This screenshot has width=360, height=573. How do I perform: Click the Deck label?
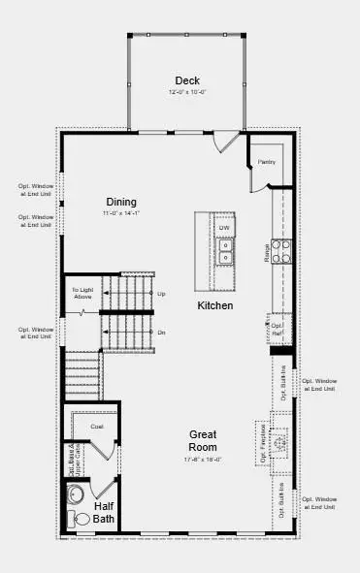pyautogui.click(x=186, y=80)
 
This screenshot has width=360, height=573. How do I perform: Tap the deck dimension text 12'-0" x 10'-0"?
pyautogui.click(x=186, y=92)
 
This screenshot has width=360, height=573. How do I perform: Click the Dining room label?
pyautogui.click(x=122, y=202)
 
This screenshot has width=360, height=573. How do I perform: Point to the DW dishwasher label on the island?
pyautogui.click(x=223, y=228)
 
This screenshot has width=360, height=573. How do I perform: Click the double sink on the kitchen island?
pyautogui.click(x=224, y=252)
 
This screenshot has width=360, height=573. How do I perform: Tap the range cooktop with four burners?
pyautogui.click(x=280, y=251)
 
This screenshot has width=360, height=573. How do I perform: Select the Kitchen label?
pyautogui.click(x=214, y=305)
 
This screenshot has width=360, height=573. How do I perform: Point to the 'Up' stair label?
pyautogui.click(x=161, y=293)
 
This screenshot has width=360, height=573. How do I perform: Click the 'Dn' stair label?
pyautogui.click(x=161, y=333)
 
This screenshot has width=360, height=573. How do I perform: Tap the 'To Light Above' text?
pyautogui.click(x=82, y=294)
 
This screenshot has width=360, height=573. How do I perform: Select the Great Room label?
pyautogui.click(x=203, y=440)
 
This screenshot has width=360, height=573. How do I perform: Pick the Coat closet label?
pyautogui.click(x=97, y=426)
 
